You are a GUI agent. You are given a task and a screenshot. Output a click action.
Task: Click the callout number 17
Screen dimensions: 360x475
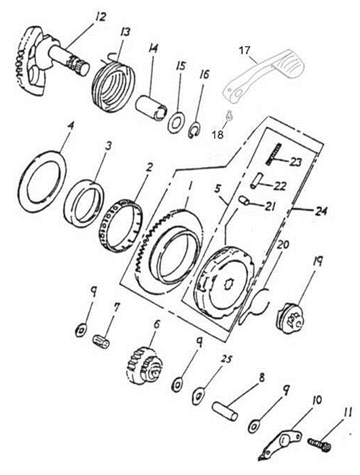click(x=245, y=51)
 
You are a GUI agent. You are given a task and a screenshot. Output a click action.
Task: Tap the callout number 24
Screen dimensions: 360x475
click(x=321, y=210)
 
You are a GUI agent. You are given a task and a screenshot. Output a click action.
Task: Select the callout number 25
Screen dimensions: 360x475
click(x=227, y=359)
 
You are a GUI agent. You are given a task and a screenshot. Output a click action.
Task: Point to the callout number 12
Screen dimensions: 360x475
click(x=101, y=17)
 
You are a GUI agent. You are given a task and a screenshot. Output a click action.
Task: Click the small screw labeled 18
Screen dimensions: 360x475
click(x=230, y=115)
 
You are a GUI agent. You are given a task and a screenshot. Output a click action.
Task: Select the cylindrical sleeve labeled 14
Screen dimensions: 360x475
click(x=151, y=108)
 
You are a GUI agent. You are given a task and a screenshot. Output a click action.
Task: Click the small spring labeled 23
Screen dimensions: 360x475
click(x=273, y=154)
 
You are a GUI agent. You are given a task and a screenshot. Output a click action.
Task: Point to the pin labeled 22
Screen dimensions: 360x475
click(x=255, y=180)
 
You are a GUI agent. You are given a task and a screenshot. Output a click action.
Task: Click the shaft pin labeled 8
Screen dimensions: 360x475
click(x=225, y=411)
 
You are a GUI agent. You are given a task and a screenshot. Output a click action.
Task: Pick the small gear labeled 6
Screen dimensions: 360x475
click(x=145, y=365)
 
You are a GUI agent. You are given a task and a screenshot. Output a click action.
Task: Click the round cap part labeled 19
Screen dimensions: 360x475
click(x=291, y=318)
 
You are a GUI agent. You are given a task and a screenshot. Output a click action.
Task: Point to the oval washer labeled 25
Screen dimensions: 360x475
click(x=198, y=396)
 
